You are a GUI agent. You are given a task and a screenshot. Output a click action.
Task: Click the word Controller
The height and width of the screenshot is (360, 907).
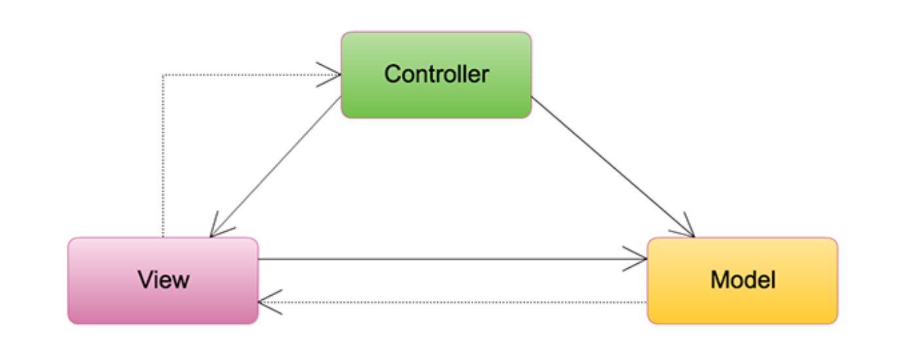(436, 74)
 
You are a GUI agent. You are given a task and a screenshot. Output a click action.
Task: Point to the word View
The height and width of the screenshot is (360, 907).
(163, 280)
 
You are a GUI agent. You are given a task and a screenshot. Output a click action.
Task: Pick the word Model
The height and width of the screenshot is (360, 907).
(743, 280)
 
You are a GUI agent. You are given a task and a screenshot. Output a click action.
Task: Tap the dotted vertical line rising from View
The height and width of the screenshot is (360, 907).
(162, 157)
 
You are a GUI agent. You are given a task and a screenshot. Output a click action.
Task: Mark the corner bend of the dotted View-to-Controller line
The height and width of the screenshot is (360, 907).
(162, 75)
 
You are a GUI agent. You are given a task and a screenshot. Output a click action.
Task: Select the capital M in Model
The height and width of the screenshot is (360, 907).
(719, 280)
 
